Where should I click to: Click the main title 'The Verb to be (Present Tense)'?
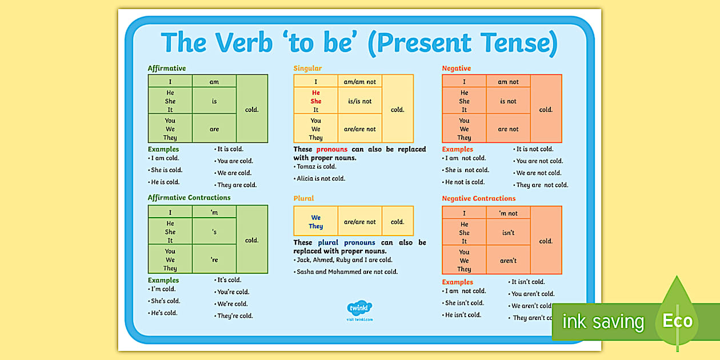point(359,43)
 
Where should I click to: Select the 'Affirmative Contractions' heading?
point(189,198)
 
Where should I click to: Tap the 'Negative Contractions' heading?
point(478,199)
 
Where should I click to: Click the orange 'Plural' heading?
point(303,199)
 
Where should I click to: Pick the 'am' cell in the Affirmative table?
point(214,82)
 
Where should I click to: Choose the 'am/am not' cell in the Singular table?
point(359,82)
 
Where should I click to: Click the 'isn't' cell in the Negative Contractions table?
point(508,233)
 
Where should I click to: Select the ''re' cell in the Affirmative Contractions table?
point(214,260)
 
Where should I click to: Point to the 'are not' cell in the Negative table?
point(508,129)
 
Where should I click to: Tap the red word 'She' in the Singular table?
point(316,101)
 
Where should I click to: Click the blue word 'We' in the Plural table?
point(316,218)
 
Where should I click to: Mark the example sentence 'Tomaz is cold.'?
point(317,167)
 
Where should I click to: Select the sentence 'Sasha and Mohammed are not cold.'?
point(347,272)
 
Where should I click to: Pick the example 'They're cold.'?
point(235,316)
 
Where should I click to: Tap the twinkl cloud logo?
point(359,309)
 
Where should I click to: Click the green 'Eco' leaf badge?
point(677,321)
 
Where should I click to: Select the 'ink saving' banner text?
point(602,322)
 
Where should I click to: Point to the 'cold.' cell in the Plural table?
point(397,222)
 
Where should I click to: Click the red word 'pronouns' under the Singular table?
point(331,149)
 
